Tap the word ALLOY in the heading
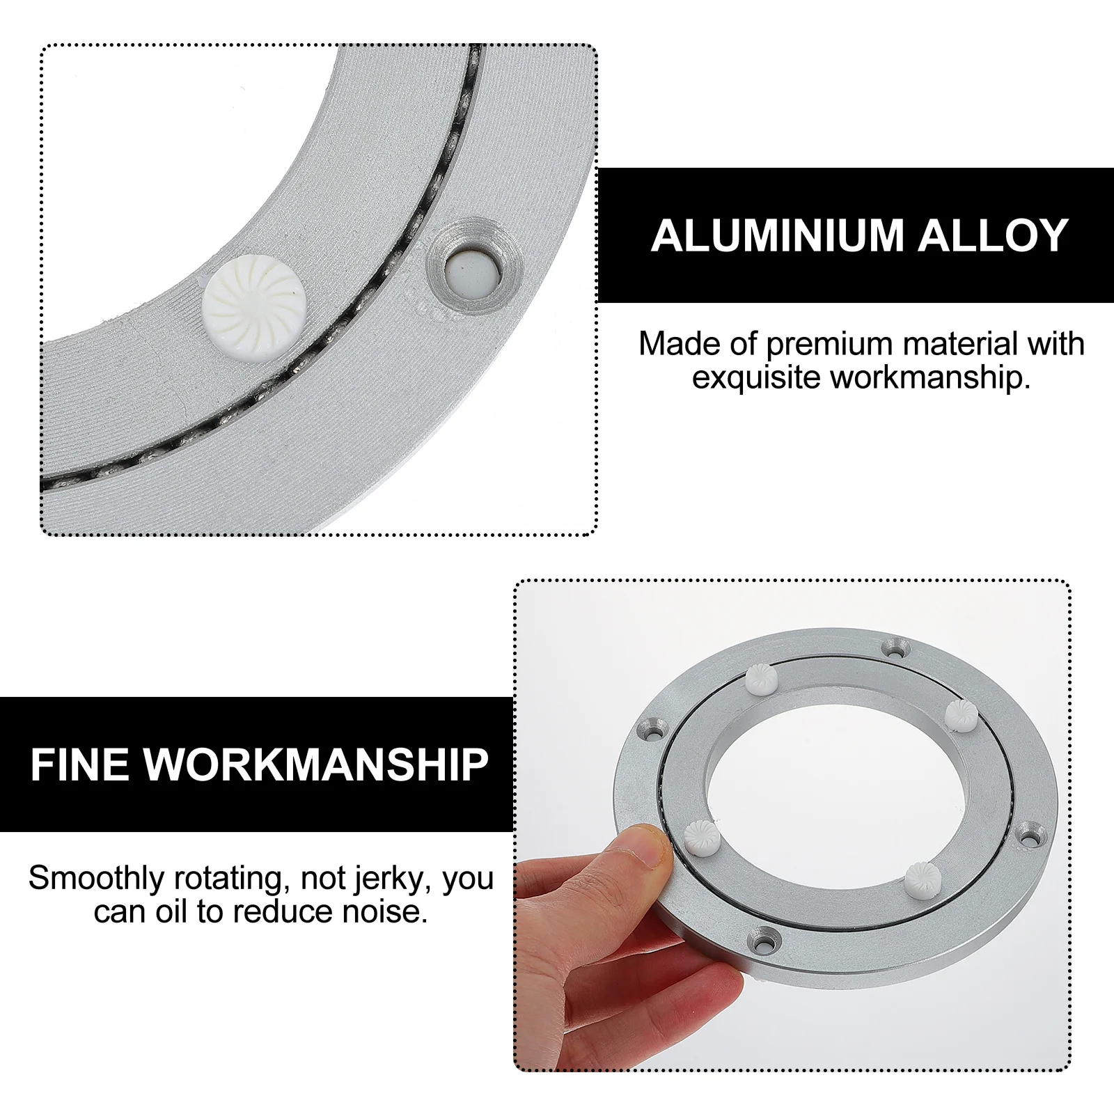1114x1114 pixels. (993, 235)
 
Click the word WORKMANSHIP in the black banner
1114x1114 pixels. (316, 764)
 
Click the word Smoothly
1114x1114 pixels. (96, 878)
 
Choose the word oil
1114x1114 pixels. (171, 911)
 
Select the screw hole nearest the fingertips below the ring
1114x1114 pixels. (764, 943)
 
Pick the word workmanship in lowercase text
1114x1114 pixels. (930, 377)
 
